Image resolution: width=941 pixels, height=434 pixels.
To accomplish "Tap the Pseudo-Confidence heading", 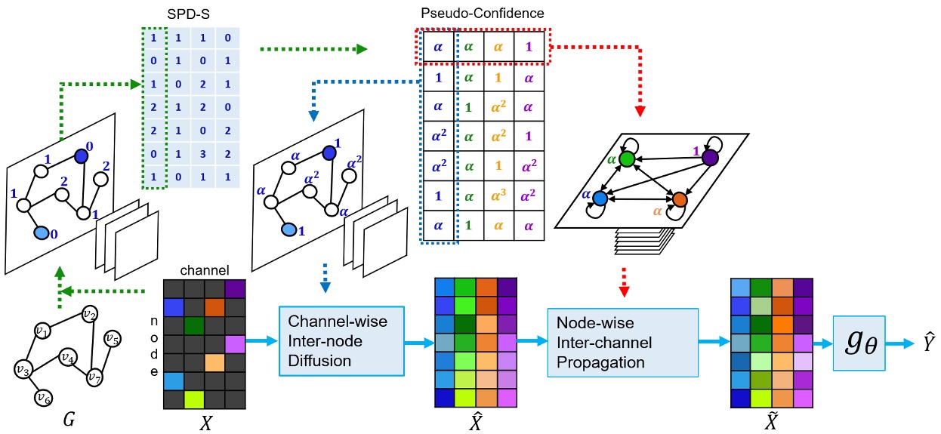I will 481,14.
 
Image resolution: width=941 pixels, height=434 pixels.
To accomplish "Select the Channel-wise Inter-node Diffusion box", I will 333,341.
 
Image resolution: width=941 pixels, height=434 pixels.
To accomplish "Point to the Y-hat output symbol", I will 920,342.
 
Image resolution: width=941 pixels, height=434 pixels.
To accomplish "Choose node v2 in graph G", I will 90,314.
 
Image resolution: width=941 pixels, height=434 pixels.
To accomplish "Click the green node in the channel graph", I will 625,160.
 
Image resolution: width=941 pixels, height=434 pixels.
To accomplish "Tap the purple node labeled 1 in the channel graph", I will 709,157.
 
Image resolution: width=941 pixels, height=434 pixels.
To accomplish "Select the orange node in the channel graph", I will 679,199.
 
